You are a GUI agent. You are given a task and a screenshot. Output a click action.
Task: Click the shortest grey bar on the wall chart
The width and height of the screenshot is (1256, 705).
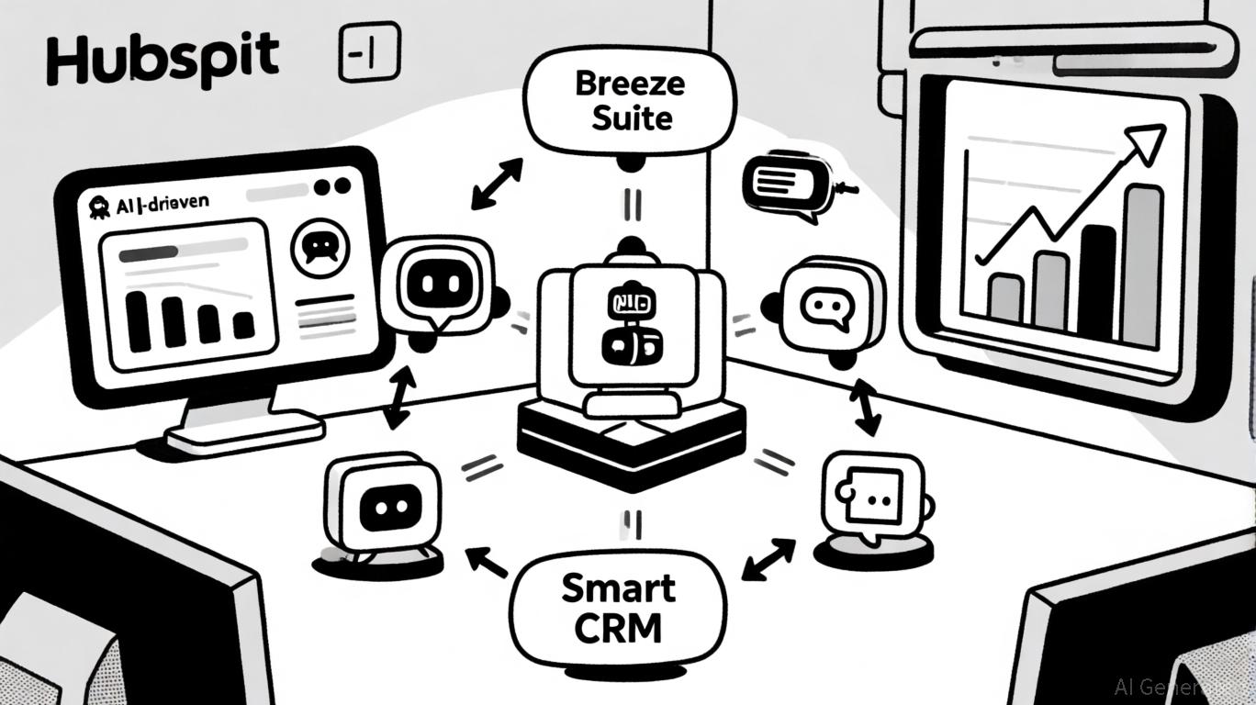pos(1005,297)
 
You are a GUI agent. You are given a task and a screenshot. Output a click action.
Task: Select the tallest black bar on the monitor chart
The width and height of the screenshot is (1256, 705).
pos(138,320)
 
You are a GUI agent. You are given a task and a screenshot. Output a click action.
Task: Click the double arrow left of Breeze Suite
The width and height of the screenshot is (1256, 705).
pos(496,183)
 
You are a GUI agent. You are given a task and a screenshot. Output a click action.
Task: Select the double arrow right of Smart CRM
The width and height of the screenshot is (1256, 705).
pos(768,559)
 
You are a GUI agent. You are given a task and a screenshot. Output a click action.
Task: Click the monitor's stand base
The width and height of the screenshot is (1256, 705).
pos(244,431)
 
